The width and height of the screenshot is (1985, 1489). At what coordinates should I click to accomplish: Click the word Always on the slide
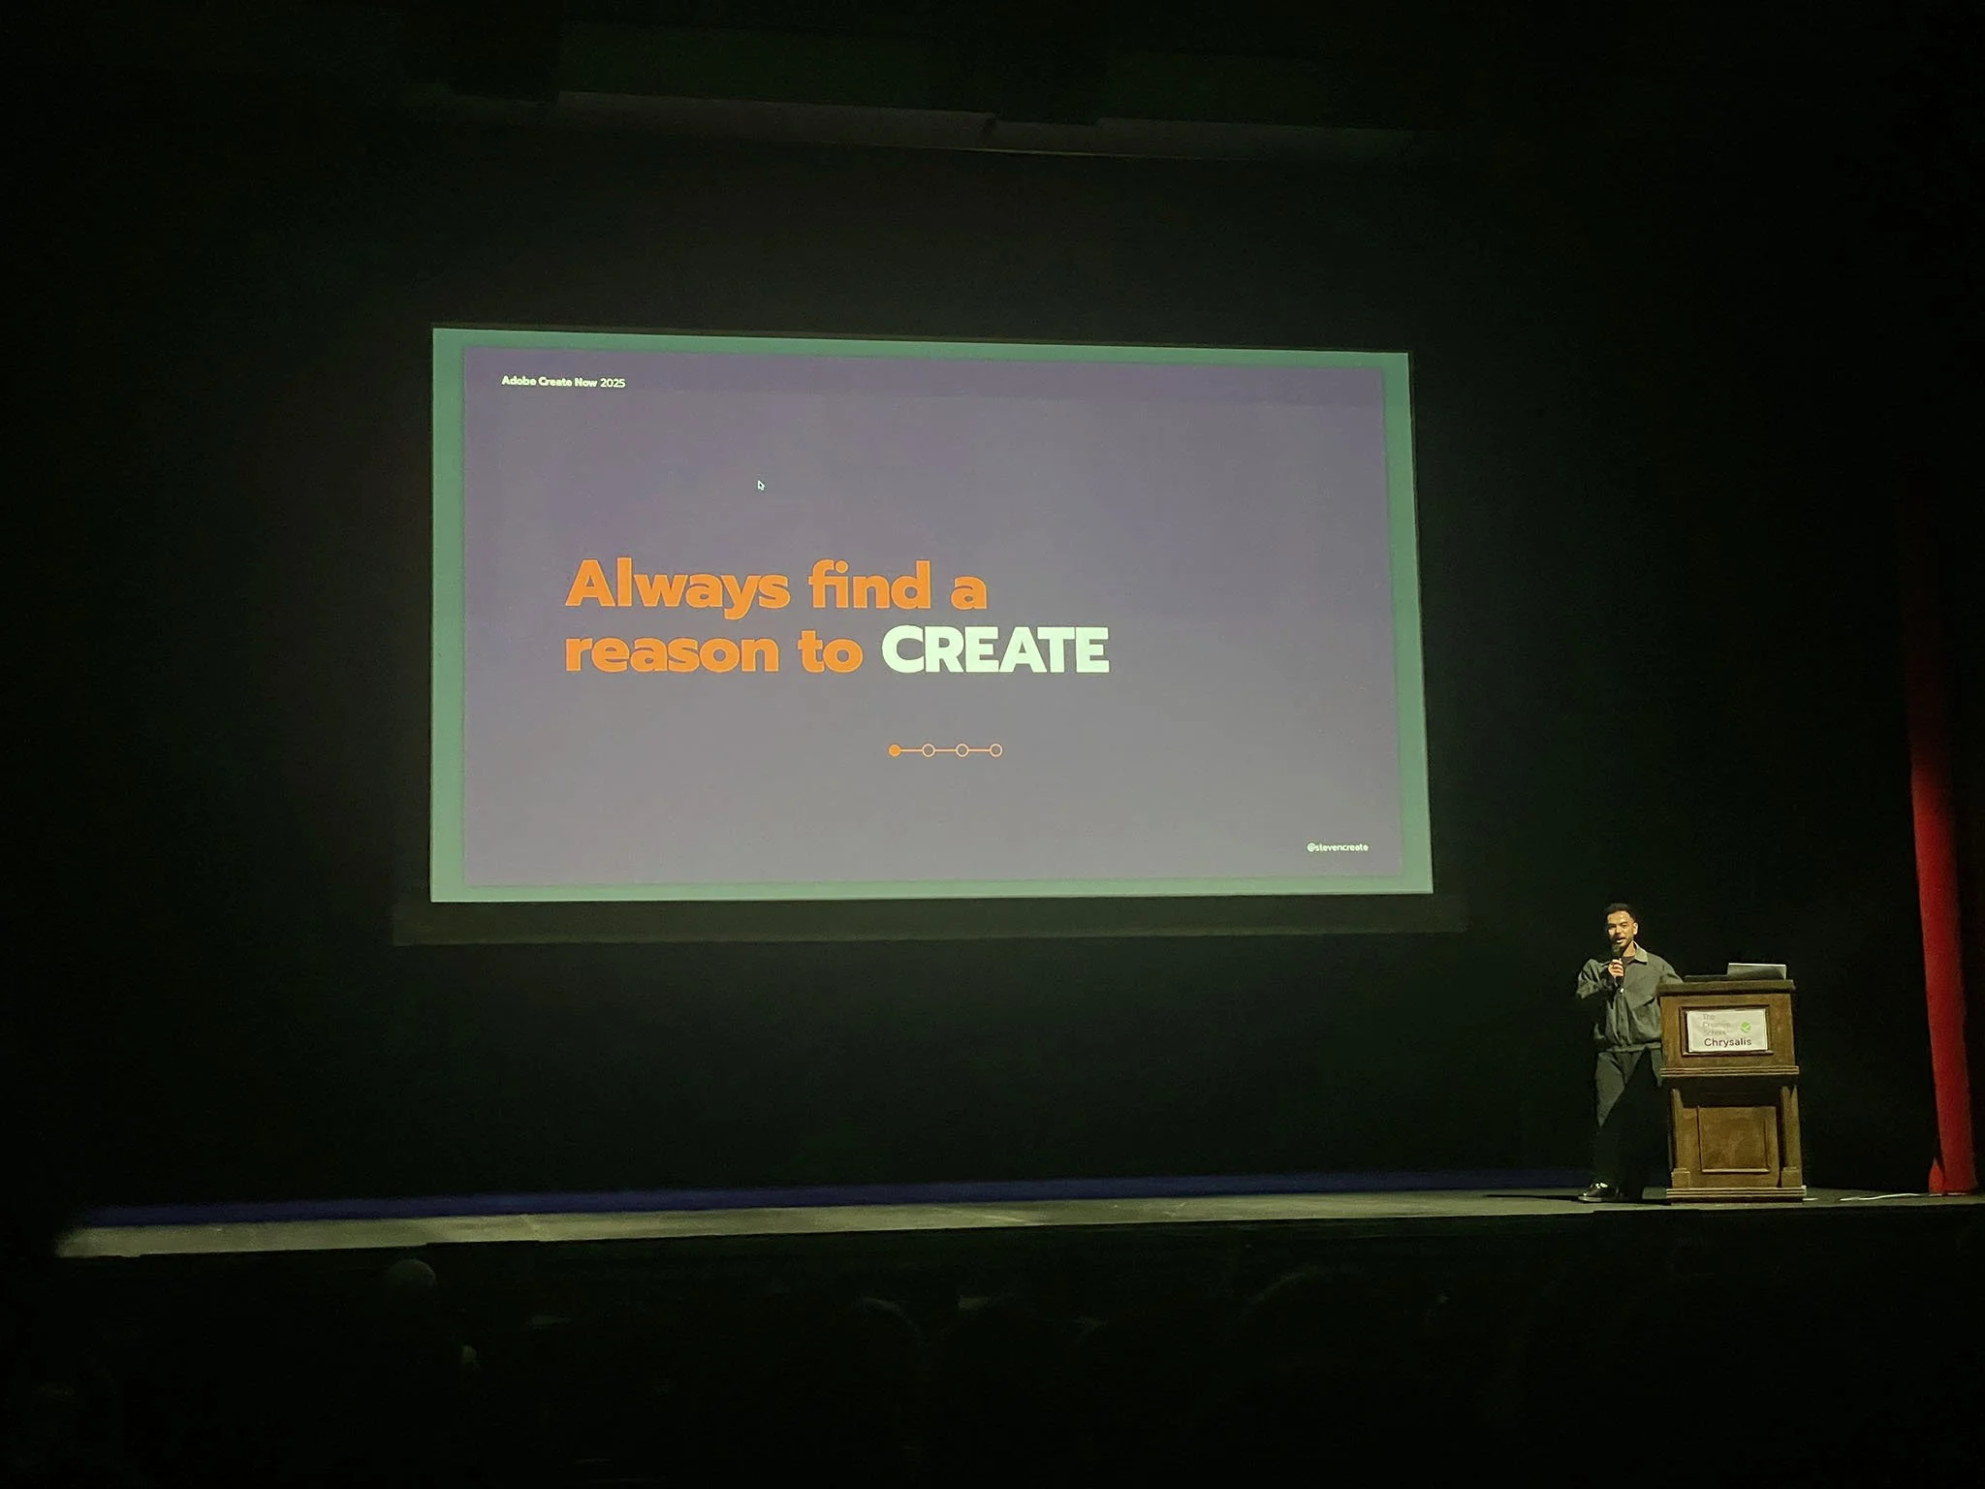676,586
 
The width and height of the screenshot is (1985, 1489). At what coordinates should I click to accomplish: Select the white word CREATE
994,649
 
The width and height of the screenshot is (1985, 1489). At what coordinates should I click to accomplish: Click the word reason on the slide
672,651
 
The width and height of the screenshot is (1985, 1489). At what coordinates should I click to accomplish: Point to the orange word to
831,650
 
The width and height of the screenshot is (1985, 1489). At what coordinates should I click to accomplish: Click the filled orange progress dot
894,750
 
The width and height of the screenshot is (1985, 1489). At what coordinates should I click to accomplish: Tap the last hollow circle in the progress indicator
995,750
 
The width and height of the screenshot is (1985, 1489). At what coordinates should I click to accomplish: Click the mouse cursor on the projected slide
761,485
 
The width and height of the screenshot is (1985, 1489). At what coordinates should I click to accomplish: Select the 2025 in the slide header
613,383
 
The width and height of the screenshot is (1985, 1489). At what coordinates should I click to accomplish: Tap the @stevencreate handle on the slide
1337,847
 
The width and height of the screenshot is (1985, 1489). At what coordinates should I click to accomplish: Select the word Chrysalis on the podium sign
1727,1042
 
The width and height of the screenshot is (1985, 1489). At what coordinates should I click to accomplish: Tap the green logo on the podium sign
1746,1026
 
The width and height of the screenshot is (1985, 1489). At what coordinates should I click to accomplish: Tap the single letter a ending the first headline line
967,590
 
